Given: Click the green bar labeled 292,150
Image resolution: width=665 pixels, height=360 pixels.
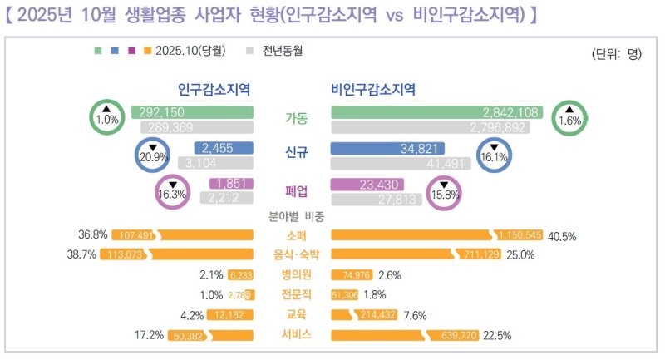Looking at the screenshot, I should click(x=192, y=112).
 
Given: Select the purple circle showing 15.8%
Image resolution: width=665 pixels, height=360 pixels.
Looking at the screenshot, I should click(x=443, y=193).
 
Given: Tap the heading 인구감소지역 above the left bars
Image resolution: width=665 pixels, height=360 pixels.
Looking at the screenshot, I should click(x=214, y=89).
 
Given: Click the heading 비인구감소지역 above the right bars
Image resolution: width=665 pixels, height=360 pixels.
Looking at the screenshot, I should click(x=373, y=89).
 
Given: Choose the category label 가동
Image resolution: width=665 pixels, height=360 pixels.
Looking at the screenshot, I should click(x=295, y=118).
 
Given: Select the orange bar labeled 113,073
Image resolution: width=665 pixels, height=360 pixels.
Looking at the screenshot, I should click(x=176, y=254).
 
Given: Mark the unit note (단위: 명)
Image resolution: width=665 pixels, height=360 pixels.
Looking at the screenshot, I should click(x=617, y=55).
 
